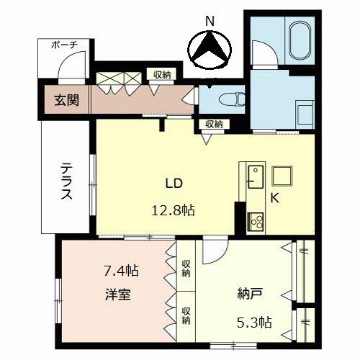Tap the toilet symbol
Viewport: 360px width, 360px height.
pyautogui.click(x=232, y=99)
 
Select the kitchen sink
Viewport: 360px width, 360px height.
pyautogui.click(x=256, y=176)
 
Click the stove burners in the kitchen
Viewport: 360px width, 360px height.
pyautogui.click(x=256, y=222)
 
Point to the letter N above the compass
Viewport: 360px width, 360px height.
pyautogui.click(x=210, y=22)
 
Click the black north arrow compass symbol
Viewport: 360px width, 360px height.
pyautogui.click(x=210, y=50)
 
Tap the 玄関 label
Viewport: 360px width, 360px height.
pyautogui.click(x=66, y=100)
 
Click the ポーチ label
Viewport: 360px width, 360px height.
pyautogui.click(x=64, y=45)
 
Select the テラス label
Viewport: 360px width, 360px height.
pyautogui.click(x=66, y=181)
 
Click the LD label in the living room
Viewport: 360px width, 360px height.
pyautogui.click(x=174, y=184)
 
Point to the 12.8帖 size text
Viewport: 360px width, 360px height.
pyautogui.click(x=173, y=210)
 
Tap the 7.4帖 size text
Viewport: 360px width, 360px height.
pyautogui.click(x=121, y=271)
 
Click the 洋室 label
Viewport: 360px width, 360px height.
pyautogui.click(x=118, y=294)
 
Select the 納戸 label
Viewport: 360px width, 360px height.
pyautogui.click(x=250, y=293)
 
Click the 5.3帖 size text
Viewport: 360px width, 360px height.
pyautogui.click(x=254, y=323)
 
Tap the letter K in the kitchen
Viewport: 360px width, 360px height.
pyautogui.click(x=275, y=198)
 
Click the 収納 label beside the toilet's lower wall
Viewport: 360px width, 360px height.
pyautogui.click(x=214, y=124)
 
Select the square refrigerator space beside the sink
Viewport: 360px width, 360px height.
pyautogui.click(x=282, y=176)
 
